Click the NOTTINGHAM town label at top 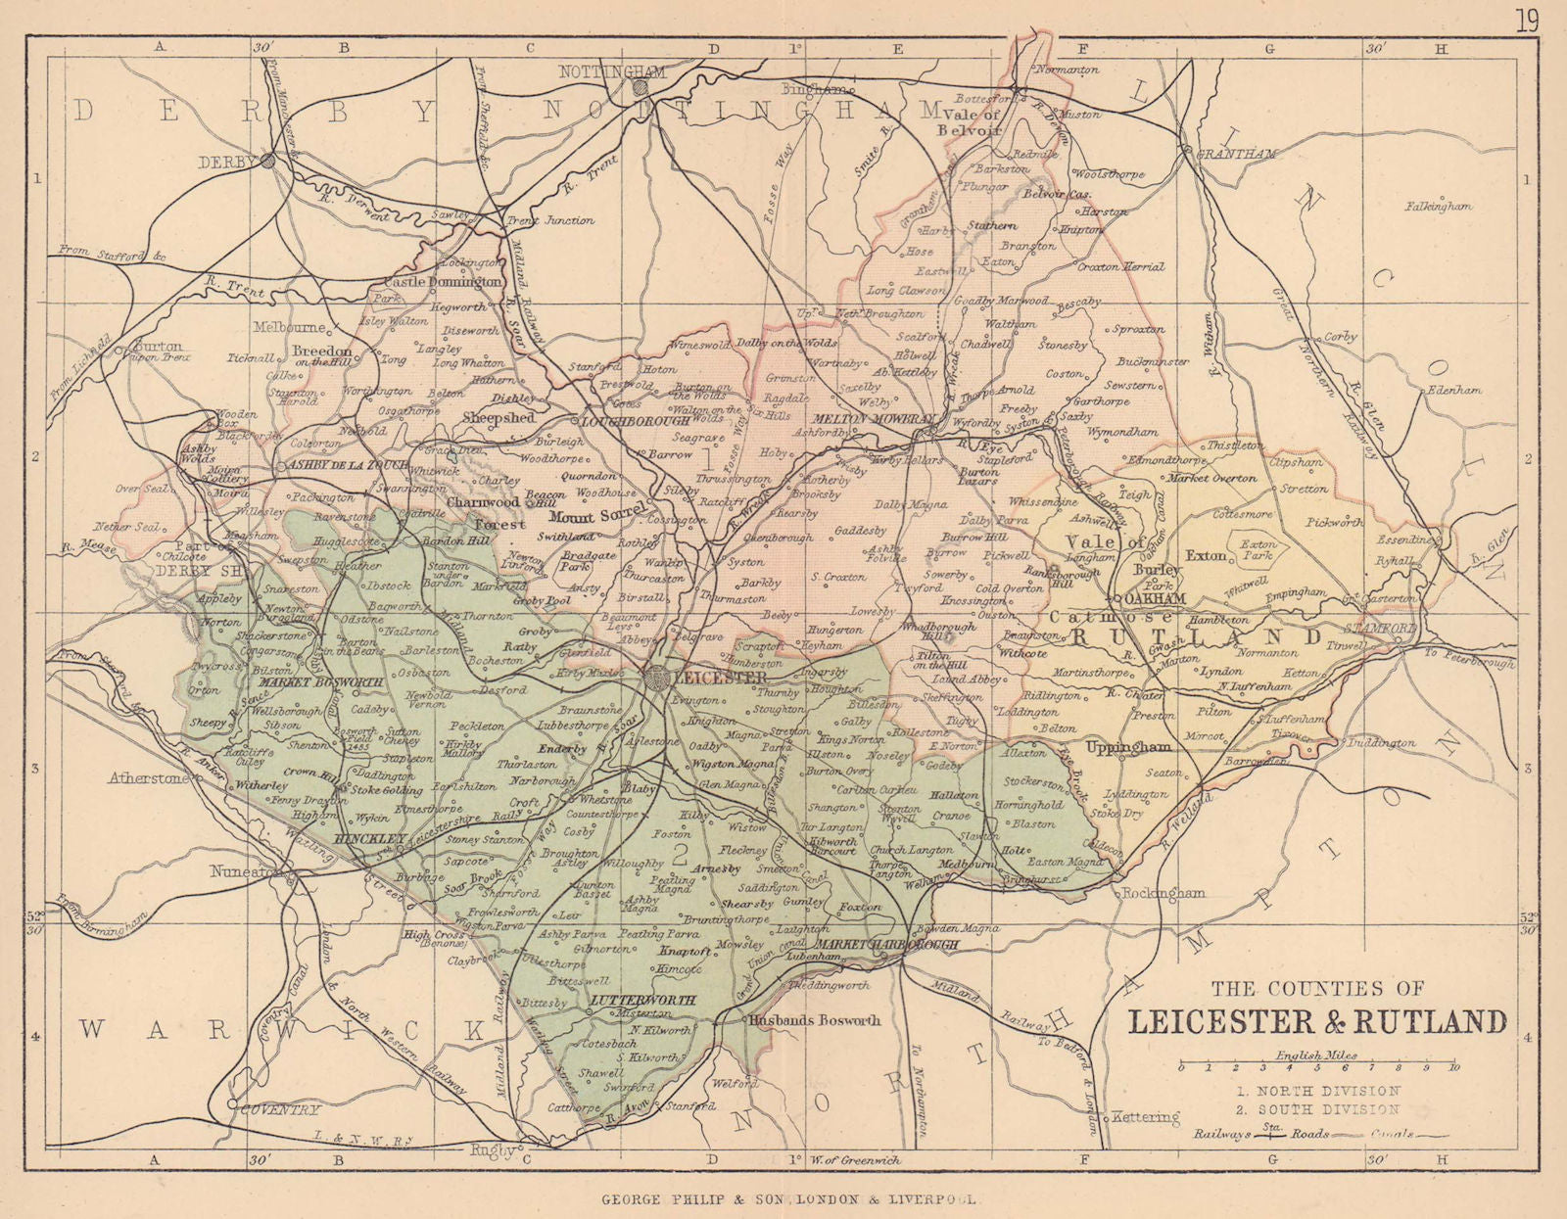611,71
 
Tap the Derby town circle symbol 267,161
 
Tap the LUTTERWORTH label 643,1001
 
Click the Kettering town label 1146,1116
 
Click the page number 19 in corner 1527,22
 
